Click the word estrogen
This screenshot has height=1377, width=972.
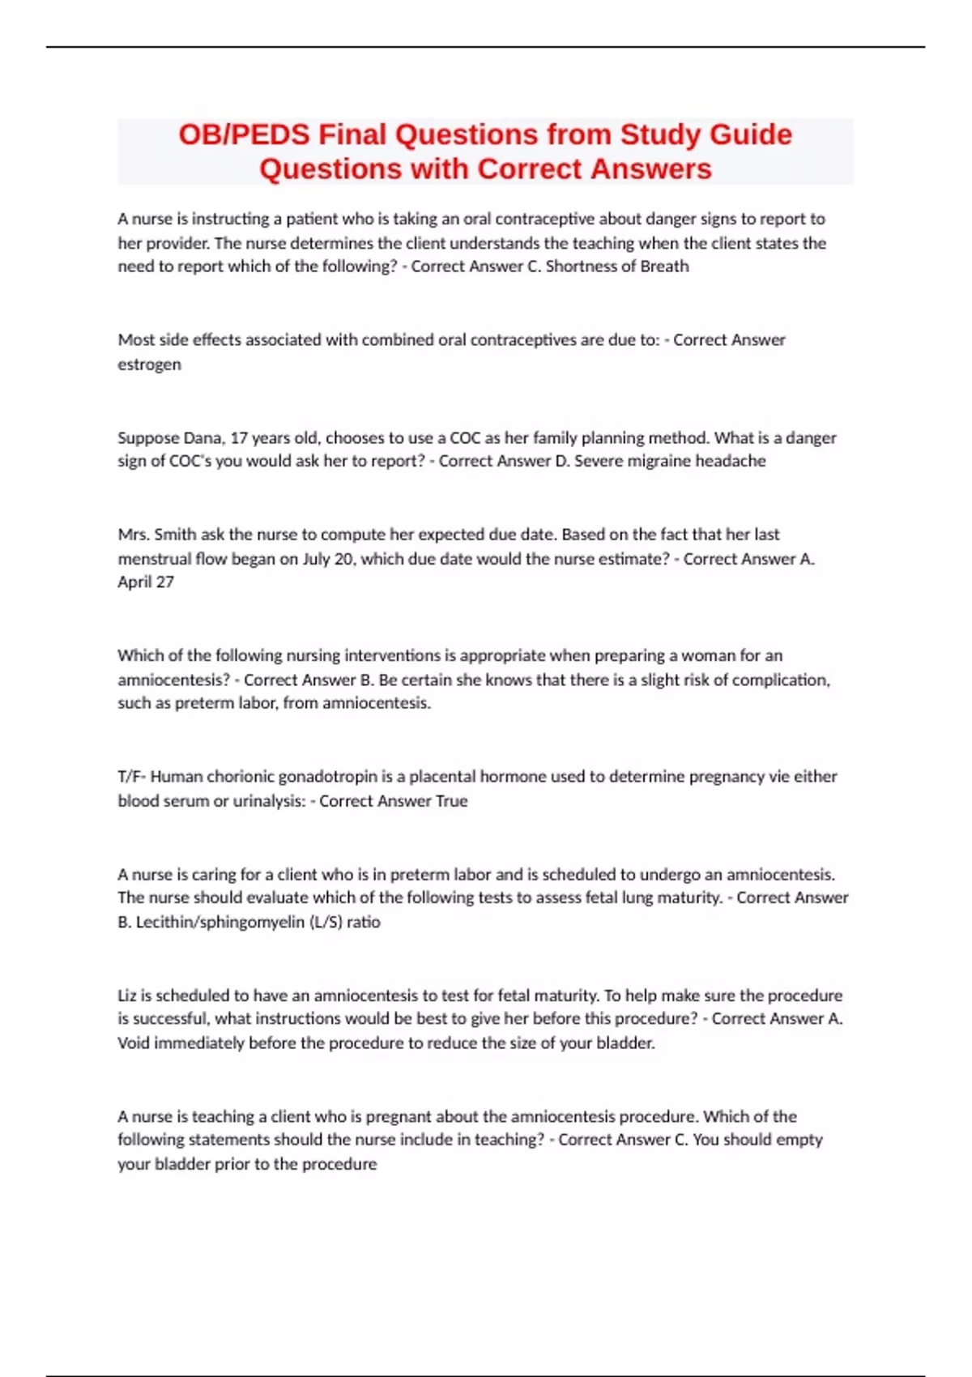pos(149,364)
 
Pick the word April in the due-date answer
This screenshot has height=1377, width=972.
pos(134,582)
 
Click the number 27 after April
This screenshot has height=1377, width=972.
pos(164,582)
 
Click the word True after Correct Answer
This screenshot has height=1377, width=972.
pos(451,801)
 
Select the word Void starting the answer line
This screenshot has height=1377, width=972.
pos(134,1043)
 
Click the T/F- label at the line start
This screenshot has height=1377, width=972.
pos(132,777)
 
